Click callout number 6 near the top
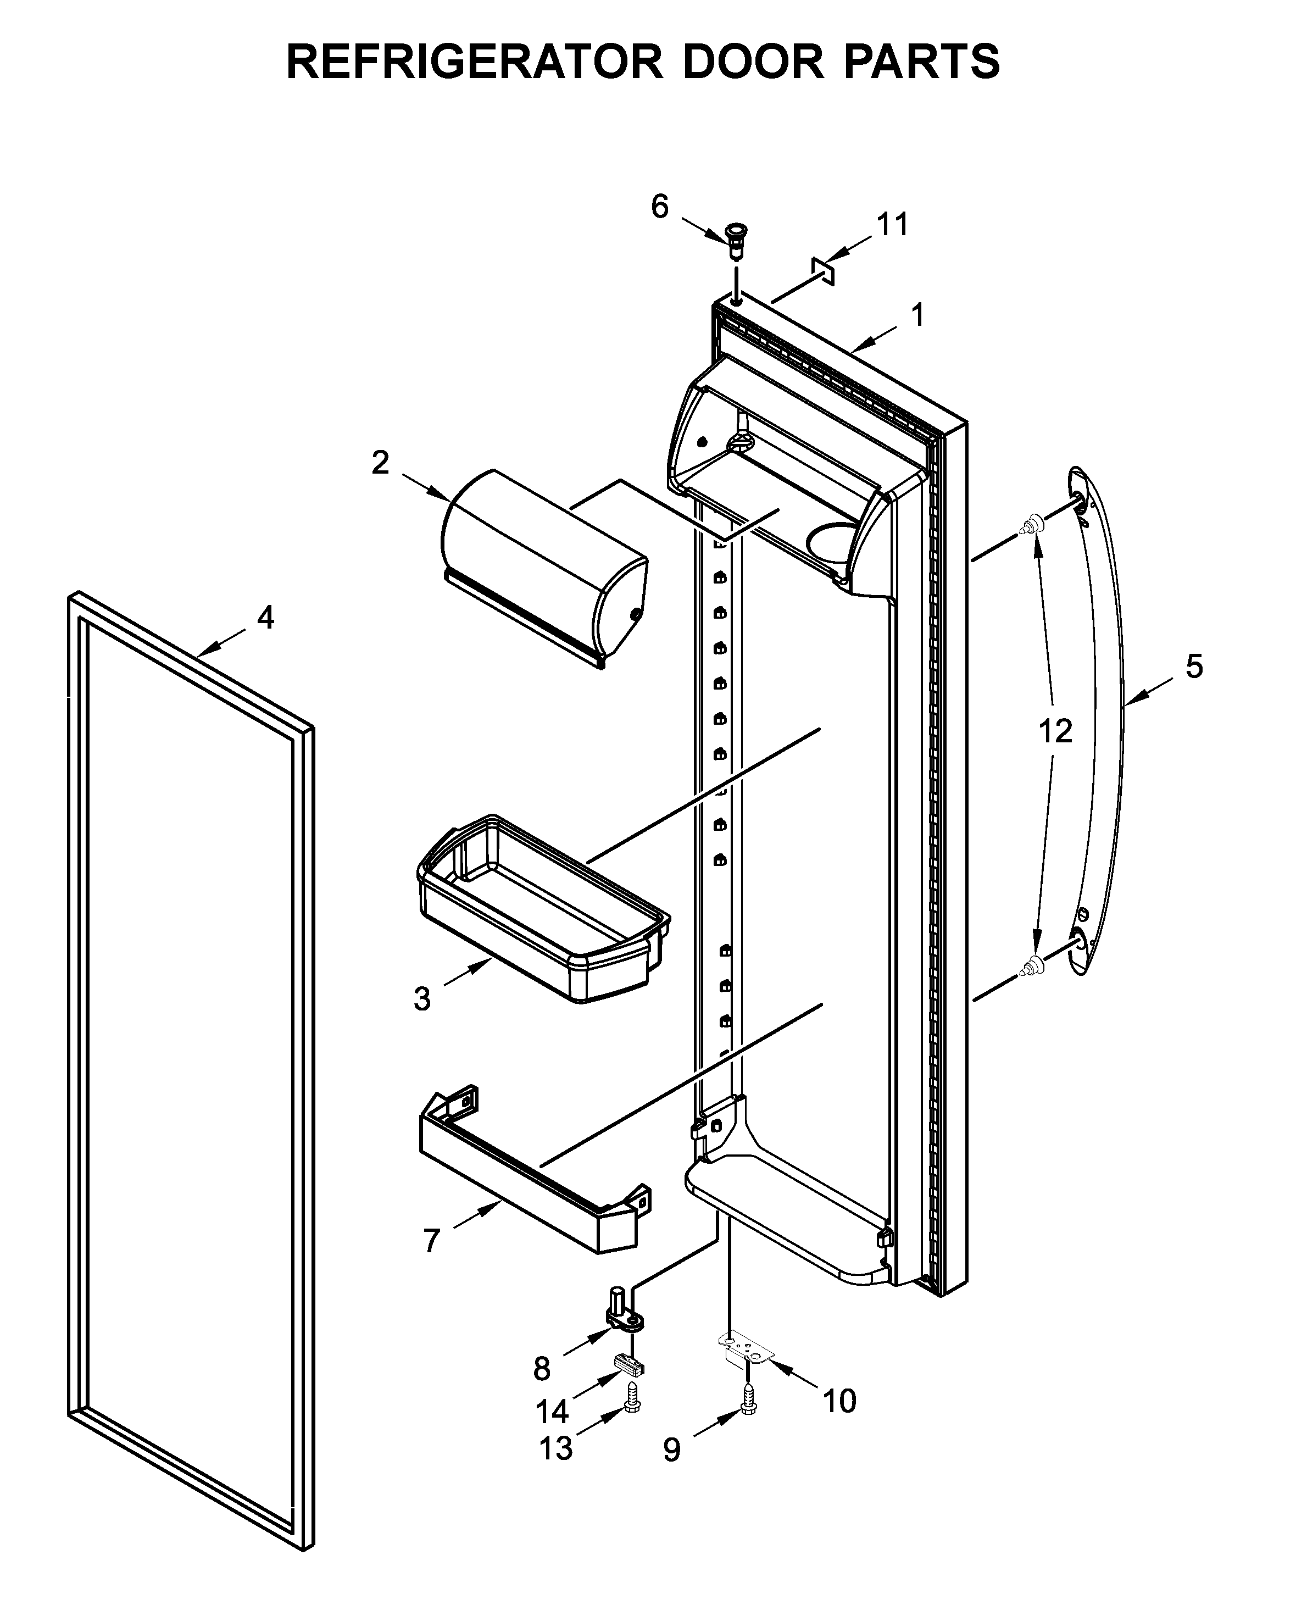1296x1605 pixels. (x=659, y=206)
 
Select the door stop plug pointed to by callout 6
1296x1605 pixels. (x=737, y=240)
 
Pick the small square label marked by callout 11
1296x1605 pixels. (x=822, y=271)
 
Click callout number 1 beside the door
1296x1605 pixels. (x=917, y=314)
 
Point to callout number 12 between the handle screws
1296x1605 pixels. (x=1055, y=731)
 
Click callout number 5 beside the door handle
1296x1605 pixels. (x=1194, y=666)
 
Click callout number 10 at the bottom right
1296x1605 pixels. (x=838, y=1401)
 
